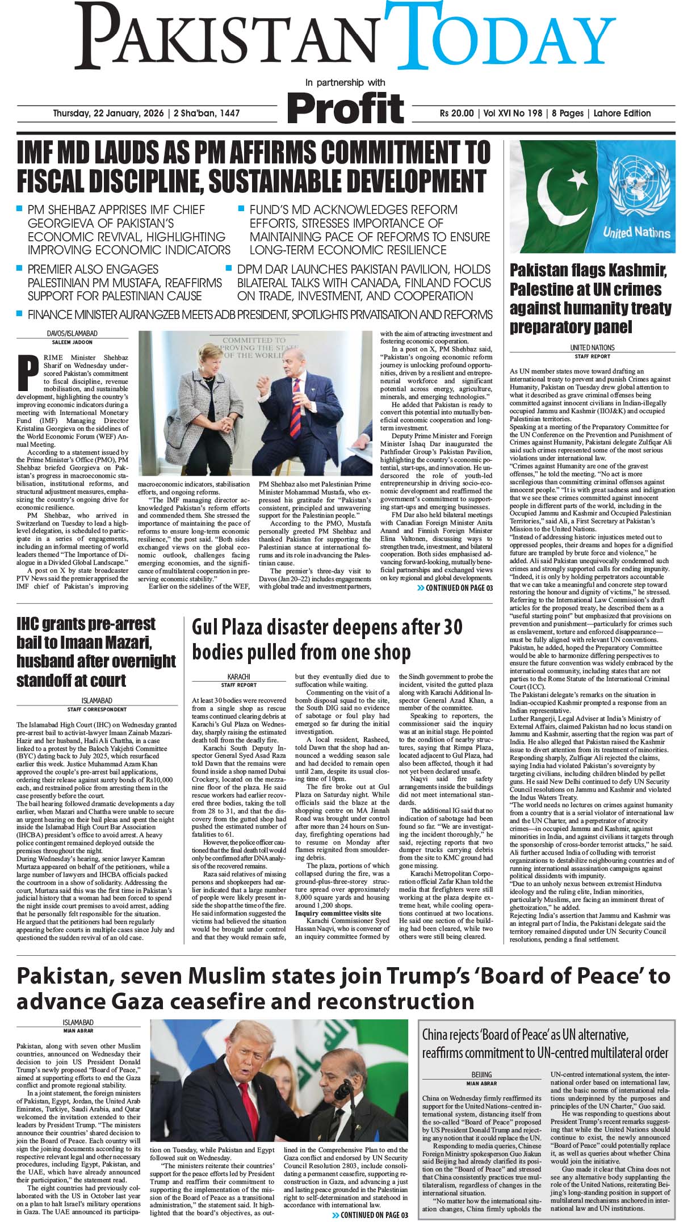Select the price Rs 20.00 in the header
pos(456,113)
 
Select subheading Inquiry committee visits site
pos(336,912)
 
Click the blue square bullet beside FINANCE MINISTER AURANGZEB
pos(20,314)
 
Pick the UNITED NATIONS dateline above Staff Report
pos(592,347)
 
